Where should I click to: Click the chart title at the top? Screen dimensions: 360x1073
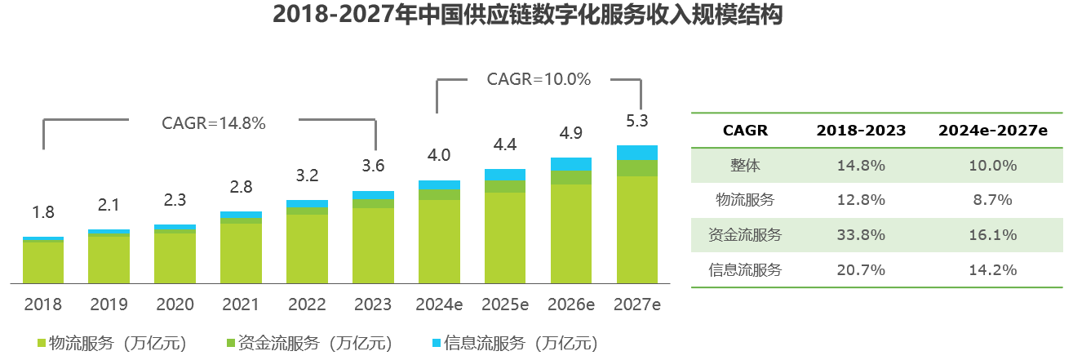(527, 16)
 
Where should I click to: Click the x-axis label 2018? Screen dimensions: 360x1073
(43, 304)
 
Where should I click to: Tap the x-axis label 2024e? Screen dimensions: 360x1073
(439, 304)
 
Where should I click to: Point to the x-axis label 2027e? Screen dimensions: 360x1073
(637, 304)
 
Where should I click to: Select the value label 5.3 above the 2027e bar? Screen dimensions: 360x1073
(637, 121)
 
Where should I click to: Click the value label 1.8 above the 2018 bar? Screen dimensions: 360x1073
(43, 212)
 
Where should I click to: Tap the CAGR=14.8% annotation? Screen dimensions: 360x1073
(214, 123)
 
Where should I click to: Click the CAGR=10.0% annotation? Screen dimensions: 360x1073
(539, 79)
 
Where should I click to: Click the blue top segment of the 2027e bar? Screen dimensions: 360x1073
(637, 152)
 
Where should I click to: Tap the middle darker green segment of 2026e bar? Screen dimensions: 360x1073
(571, 178)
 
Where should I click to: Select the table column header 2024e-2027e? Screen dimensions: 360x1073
(993, 131)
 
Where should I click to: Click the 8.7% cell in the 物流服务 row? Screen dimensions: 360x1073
(993, 200)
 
